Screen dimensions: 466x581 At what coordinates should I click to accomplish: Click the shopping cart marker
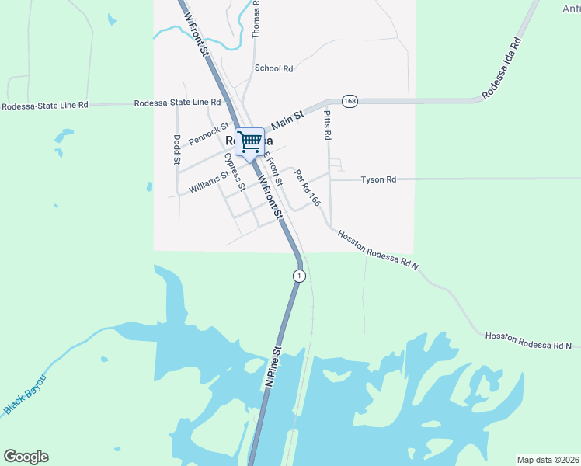(249, 142)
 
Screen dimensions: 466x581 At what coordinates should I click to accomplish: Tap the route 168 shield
(350, 102)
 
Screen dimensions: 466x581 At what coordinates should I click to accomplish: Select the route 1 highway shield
(299, 276)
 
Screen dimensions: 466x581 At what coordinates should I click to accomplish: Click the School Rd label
(273, 68)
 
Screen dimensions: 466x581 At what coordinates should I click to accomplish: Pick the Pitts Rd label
(327, 124)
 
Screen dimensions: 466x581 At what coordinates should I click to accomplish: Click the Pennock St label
(208, 133)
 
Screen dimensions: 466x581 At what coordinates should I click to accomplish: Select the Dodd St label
(177, 150)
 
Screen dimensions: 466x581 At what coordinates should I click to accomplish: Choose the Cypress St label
(234, 171)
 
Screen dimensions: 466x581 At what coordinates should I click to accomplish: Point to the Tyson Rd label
(378, 179)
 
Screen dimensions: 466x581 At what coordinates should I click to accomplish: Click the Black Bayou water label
(26, 393)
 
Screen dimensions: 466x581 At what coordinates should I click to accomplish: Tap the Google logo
(26, 457)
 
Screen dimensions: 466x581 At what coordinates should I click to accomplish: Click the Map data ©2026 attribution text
(547, 460)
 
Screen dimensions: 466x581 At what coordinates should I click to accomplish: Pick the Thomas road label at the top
(256, 19)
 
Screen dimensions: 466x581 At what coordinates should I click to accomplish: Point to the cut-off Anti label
(570, 9)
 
